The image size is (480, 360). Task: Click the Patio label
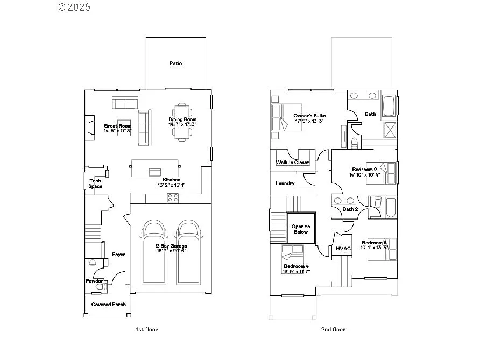click(175, 63)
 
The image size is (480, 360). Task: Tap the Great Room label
click(118, 126)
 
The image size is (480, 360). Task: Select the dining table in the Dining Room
click(182, 122)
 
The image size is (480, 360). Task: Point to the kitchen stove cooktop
click(173, 198)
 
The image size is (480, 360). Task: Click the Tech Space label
click(95, 183)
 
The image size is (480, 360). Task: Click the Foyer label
click(118, 255)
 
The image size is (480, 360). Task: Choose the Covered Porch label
click(109, 305)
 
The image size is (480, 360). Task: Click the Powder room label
click(94, 281)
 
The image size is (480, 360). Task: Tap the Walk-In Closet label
click(292, 162)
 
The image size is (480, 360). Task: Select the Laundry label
click(285, 183)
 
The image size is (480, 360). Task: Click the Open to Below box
click(301, 229)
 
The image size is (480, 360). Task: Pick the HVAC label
click(343, 248)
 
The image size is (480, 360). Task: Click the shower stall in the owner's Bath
click(389, 130)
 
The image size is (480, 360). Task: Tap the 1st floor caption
click(147, 329)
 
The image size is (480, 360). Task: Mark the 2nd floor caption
click(334, 329)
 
